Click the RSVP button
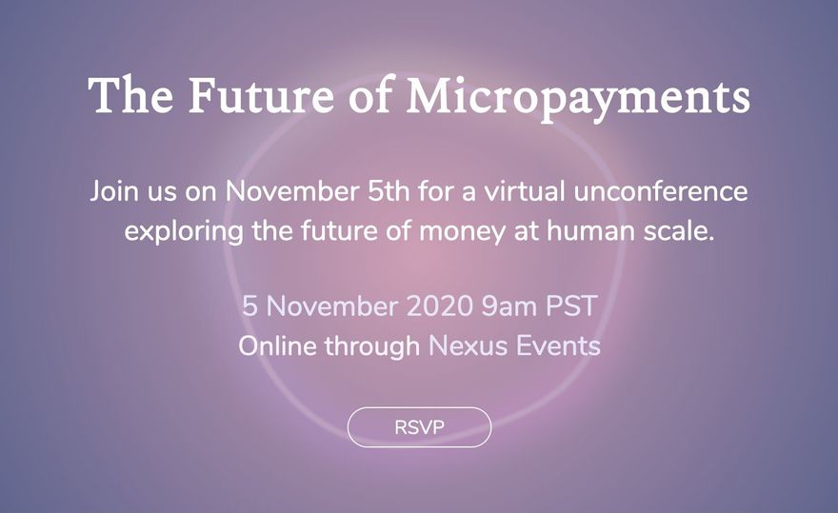(419, 427)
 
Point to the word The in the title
(131, 95)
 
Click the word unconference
(661, 191)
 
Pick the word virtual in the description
(525, 191)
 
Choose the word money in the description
(462, 233)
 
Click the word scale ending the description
(679, 231)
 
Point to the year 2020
(440, 306)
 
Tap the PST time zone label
(570, 306)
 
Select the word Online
(277, 345)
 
